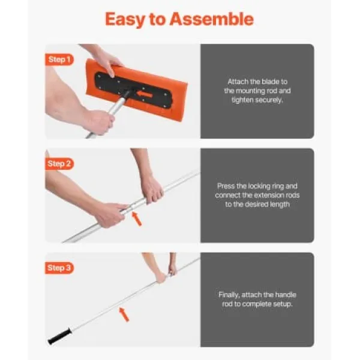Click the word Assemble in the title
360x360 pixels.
click(211, 19)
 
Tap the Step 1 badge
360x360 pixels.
click(59, 59)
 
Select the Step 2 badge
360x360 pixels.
click(59, 164)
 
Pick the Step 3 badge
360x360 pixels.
click(59, 268)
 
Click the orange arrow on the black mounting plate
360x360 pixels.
click(145, 94)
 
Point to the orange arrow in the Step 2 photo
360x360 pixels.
click(137, 219)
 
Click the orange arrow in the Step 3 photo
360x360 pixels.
click(124, 314)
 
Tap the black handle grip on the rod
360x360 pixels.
click(59, 336)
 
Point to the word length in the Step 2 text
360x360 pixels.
click(278, 205)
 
